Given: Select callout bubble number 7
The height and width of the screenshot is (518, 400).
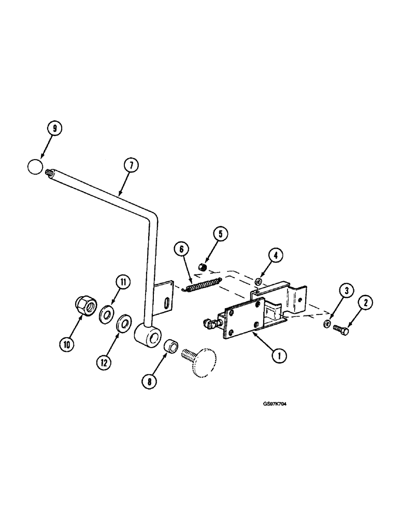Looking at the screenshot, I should [131, 166].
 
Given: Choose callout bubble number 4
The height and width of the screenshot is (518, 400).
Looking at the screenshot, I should [276, 255].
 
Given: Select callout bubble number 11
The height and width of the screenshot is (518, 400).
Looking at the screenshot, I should [122, 282].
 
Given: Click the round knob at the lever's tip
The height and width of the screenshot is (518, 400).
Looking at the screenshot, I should [35, 167].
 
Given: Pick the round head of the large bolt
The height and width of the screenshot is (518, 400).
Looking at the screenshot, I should [204, 361].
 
